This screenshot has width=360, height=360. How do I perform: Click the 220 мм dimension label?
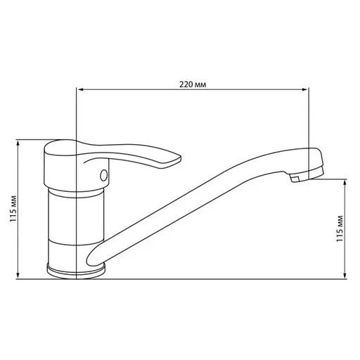coord(193,84)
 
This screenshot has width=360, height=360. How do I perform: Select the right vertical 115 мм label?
coord(340,229)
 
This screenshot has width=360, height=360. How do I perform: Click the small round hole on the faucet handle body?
coord(104,175)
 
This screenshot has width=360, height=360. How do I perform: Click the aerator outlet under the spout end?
coord(295,180)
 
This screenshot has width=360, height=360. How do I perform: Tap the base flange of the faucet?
coord(75,269)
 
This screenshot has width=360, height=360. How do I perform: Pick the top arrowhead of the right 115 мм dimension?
coord(345,181)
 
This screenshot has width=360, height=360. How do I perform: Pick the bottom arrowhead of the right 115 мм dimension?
coord(345,276)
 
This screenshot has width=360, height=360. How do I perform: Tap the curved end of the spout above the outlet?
coord(313,158)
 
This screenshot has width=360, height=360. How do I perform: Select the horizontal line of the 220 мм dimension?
coord(141,89)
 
